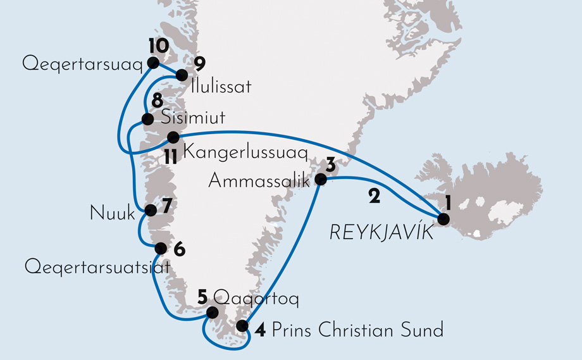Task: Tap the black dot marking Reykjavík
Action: [443, 220]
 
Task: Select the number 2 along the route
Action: [374, 197]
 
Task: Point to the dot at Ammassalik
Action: [321, 180]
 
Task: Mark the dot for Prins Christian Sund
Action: [242, 326]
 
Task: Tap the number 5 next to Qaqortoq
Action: [202, 296]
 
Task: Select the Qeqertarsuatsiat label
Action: [97, 268]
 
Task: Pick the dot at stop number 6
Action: [161, 247]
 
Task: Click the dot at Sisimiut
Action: [147, 119]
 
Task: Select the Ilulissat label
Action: [220, 87]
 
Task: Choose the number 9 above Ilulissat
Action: [200, 63]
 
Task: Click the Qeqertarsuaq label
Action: [81, 64]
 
